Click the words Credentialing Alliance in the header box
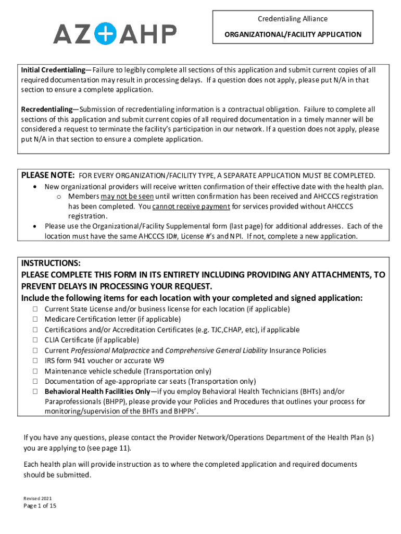pyautogui.click(x=293, y=19)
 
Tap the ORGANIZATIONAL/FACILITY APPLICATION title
pyautogui.click(x=293, y=34)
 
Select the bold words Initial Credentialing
pyautogui.click(x=53, y=70)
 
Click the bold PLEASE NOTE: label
pyautogui.click(x=48, y=175)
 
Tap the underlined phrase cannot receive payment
pyautogui.click(x=191, y=207)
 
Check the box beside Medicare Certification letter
pyautogui.click(x=36, y=320)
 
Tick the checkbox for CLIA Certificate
pyautogui.click(x=36, y=340)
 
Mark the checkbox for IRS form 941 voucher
pyautogui.click(x=36, y=360)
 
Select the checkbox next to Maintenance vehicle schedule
pyautogui.click(x=36, y=371)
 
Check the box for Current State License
pyautogui.click(x=36, y=309)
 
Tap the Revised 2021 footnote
pyautogui.click(x=37, y=499)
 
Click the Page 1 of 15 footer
pyautogui.click(x=40, y=506)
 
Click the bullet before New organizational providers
pyautogui.click(x=35, y=187)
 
